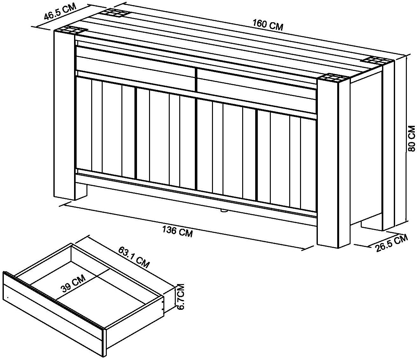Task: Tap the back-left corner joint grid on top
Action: (x=114, y=13)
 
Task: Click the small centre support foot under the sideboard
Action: (x=223, y=211)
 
